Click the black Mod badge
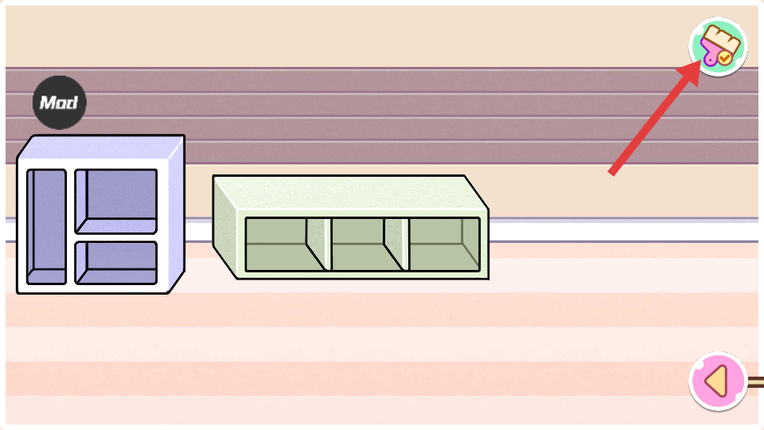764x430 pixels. coord(59,103)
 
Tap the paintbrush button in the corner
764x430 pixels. coord(718,47)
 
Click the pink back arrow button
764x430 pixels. coord(718,381)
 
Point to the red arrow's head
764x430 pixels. coord(690,70)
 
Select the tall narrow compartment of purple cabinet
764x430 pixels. coord(46,226)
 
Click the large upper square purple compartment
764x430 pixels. coord(116,199)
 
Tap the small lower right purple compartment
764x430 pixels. coord(116,263)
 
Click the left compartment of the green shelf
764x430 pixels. coord(279,244)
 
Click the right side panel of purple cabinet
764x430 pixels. coord(176,215)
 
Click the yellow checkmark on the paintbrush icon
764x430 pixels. coord(724,58)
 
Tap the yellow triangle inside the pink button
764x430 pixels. coord(717,381)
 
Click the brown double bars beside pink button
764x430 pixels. coord(755,382)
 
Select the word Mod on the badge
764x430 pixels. coord(59,103)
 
